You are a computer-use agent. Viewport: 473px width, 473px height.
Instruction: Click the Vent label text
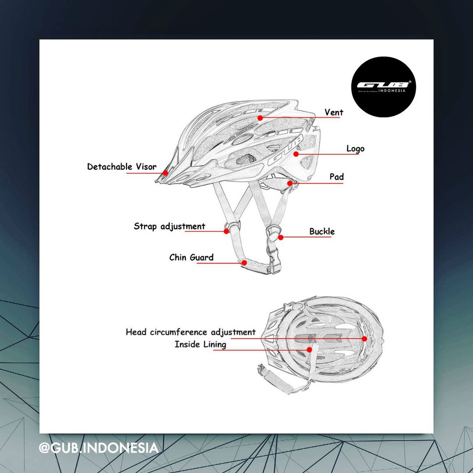click(x=334, y=112)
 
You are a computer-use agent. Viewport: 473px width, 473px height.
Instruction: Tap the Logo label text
click(x=355, y=148)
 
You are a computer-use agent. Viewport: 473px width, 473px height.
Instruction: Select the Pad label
click(x=336, y=177)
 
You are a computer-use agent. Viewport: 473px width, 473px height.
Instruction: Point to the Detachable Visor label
click(x=122, y=167)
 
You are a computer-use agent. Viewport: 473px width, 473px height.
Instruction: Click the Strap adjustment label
click(x=169, y=226)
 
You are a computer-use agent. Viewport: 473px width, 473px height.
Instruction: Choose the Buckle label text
click(x=321, y=231)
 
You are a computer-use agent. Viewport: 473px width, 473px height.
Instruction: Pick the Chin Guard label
click(x=191, y=257)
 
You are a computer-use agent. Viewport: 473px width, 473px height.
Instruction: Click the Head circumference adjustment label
click(x=190, y=332)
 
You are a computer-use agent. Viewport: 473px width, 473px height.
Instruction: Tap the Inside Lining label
click(x=200, y=344)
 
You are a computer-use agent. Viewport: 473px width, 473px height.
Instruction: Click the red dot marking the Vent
click(x=260, y=118)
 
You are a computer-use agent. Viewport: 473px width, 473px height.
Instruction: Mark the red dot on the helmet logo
click(x=296, y=153)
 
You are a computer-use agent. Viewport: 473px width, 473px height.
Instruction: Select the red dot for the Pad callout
click(x=290, y=183)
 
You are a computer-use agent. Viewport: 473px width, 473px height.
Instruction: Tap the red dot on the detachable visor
click(x=165, y=173)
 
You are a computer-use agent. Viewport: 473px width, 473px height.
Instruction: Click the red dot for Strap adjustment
click(x=226, y=231)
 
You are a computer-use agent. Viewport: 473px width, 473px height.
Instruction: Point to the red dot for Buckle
click(x=280, y=237)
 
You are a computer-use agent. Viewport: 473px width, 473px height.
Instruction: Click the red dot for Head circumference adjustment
click(x=364, y=339)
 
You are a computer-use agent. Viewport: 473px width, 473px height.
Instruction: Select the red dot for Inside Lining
click(x=309, y=350)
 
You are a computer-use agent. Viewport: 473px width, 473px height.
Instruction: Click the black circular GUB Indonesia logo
click(x=383, y=87)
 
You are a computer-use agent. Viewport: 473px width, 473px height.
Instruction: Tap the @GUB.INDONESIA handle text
click(x=98, y=448)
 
